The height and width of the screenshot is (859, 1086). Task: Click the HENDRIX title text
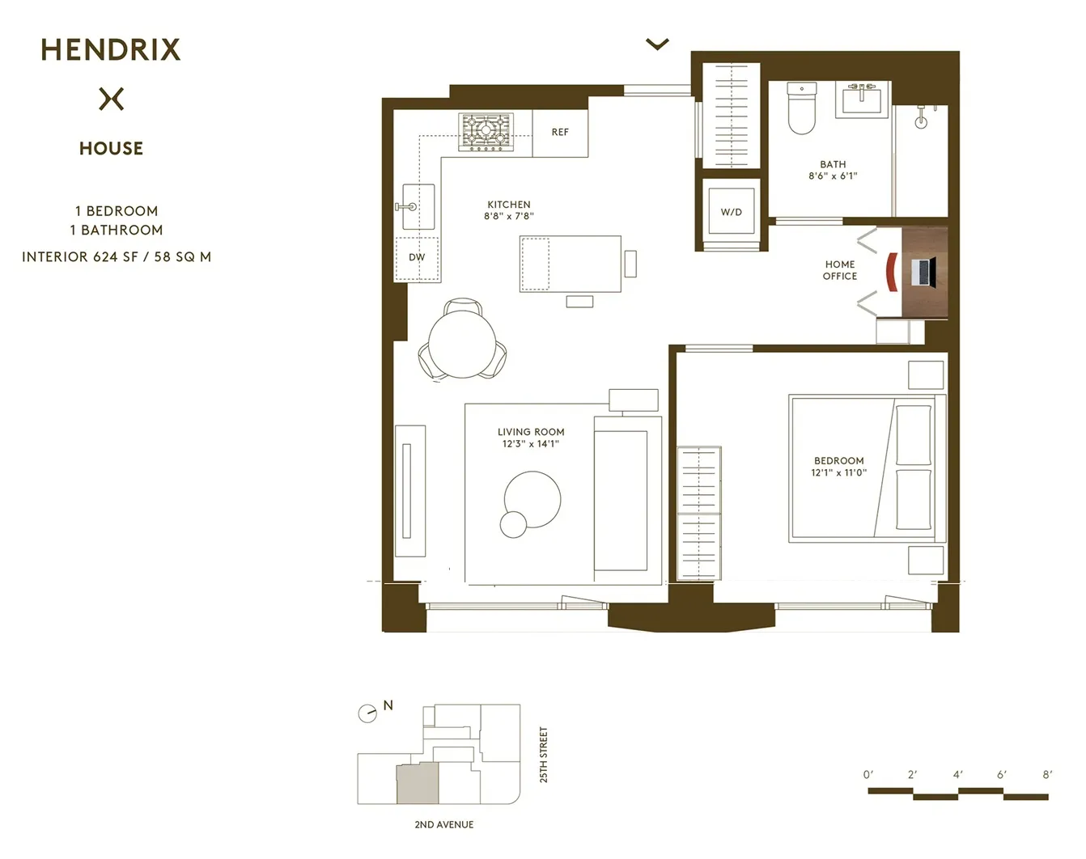click(110, 50)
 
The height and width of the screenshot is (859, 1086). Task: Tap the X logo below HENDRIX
click(112, 99)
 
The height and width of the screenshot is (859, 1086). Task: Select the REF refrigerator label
click(560, 133)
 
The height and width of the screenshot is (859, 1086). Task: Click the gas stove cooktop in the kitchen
click(486, 132)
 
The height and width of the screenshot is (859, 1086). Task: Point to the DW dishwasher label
click(417, 258)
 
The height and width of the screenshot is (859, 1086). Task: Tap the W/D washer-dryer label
click(731, 213)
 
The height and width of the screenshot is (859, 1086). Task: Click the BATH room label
click(833, 164)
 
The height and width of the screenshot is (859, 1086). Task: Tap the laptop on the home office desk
click(923, 272)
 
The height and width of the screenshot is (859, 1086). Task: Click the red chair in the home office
click(892, 272)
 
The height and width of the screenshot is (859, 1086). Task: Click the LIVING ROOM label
click(531, 432)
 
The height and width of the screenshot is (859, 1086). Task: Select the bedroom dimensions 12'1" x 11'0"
click(838, 473)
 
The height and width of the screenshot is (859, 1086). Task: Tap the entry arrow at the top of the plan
click(657, 44)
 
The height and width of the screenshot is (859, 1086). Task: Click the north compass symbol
click(367, 713)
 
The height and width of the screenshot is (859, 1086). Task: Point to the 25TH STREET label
click(544, 754)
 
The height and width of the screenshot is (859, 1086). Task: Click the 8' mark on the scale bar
click(1047, 775)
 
